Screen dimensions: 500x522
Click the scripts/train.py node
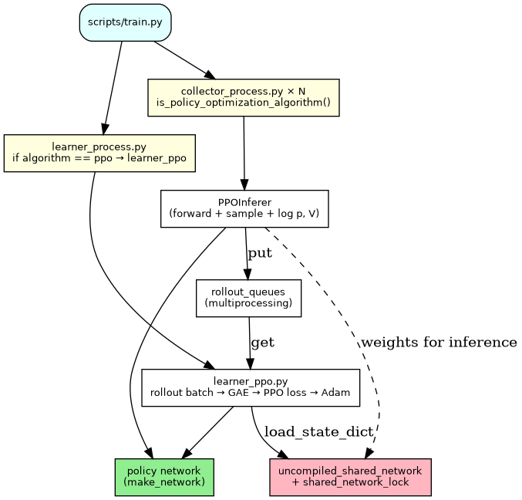tap(125, 22)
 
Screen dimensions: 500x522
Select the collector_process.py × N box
tap(243, 97)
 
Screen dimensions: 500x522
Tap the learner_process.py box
tap(99, 153)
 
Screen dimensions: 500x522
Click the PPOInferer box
tap(244, 208)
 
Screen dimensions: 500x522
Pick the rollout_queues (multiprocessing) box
tap(248, 298)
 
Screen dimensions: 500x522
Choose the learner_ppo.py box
tap(251, 387)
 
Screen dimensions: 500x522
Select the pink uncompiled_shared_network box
tap(350, 477)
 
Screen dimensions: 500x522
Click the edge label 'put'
tap(260, 253)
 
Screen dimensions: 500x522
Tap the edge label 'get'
tap(262, 343)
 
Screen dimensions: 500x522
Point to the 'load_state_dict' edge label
tap(318, 432)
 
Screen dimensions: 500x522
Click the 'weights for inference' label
tap(438, 343)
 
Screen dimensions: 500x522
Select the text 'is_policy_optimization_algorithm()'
tap(243, 103)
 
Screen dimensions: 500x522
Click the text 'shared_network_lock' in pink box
tap(355, 482)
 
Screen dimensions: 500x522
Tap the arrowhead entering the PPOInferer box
tap(244, 185)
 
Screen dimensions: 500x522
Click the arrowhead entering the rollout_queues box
tap(248, 275)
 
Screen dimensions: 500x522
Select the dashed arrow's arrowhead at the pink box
tap(369, 453)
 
